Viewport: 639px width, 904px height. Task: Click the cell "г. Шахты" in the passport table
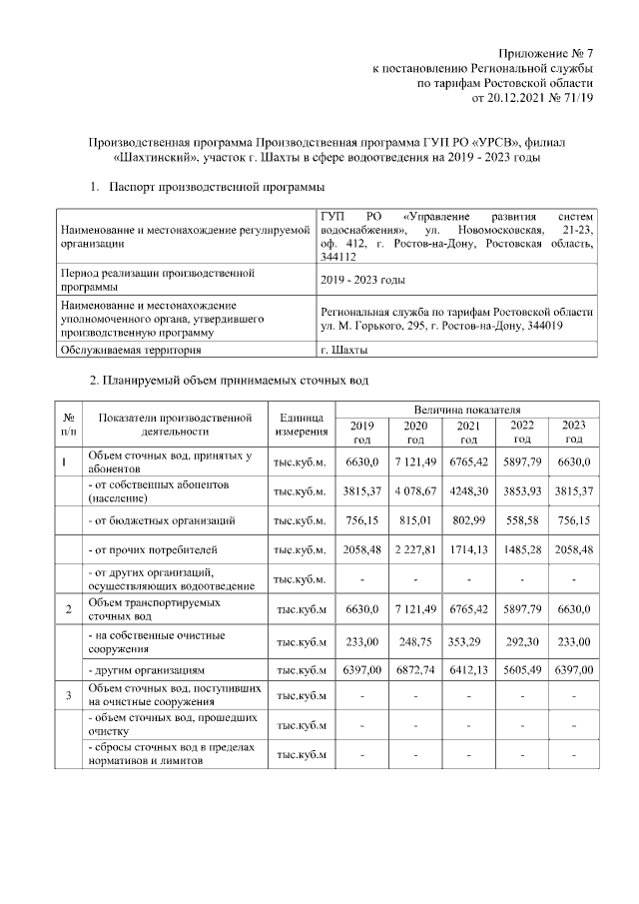pos(343,350)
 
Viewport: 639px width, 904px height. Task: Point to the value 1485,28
pos(521,549)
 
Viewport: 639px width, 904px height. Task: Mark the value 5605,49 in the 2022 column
pos(521,668)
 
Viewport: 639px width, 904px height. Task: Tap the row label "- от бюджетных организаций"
pos(162,520)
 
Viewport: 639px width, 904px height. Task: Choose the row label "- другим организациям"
pos(151,668)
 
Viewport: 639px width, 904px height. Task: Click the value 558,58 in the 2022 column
pos(521,520)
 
